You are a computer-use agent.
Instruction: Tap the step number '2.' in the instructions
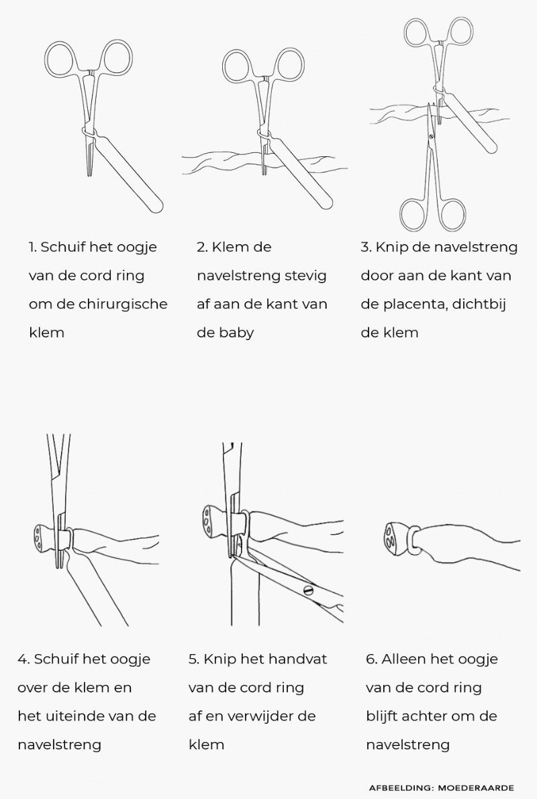tap(201, 247)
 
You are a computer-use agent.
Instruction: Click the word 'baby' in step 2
tap(236, 333)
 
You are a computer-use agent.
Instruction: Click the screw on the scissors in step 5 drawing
tap(308, 591)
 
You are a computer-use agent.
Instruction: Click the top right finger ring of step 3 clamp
tap(460, 33)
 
